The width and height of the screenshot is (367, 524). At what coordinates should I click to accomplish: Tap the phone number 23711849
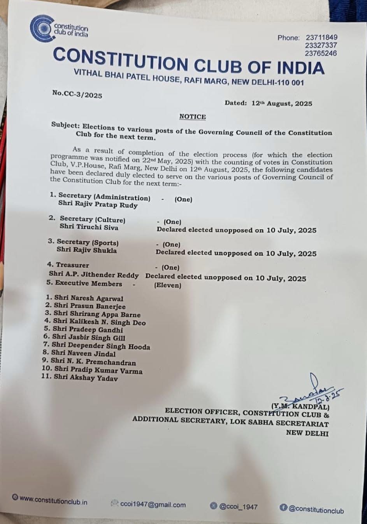pyautogui.click(x=321, y=38)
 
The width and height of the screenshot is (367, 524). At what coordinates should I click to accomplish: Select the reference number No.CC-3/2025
pyautogui.click(x=77, y=94)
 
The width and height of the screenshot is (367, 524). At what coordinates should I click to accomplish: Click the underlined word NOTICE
pyautogui.click(x=193, y=117)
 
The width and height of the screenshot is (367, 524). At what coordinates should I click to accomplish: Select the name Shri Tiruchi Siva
pyautogui.click(x=89, y=227)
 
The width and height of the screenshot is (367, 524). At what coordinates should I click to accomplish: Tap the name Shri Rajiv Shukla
pyautogui.click(x=86, y=250)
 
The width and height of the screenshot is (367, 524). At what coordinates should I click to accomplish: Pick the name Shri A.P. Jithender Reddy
pyautogui.click(x=94, y=275)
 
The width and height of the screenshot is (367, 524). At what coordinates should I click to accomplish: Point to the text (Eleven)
pyautogui.click(x=168, y=286)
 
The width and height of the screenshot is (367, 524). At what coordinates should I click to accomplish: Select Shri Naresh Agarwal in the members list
pyautogui.click(x=89, y=298)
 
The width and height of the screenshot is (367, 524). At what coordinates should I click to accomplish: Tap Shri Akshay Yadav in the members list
pyautogui.click(x=86, y=377)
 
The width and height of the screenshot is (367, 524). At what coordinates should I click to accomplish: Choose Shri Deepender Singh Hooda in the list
pyautogui.click(x=101, y=346)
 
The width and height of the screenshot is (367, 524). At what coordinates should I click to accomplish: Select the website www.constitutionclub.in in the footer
pyautogui.click(x=53, y=501)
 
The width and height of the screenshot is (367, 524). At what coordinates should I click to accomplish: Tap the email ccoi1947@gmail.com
pyautogui.click(x=153, y=505)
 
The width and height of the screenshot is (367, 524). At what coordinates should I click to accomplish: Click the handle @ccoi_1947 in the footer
pyautogui.click(x=238, y=507)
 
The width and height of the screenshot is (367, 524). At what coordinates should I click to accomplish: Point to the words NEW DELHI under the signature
pyautogui.click(x=307, y=433)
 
